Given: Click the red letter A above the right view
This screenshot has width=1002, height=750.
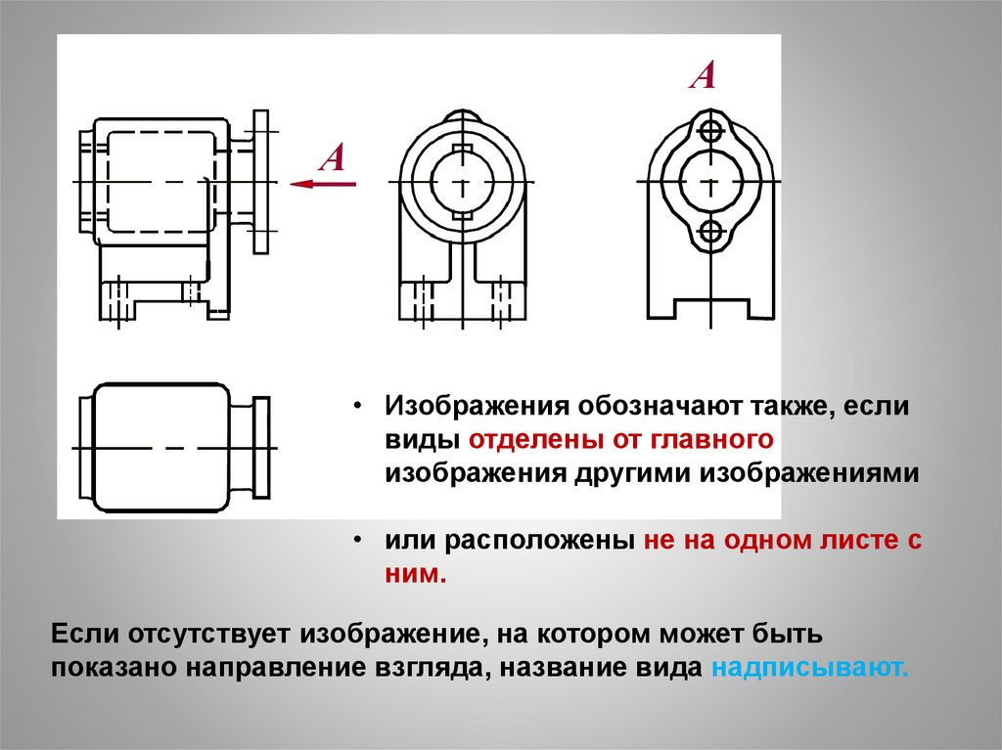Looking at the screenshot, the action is pos(703,75).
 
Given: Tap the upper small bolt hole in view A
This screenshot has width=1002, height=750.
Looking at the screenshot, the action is pos(711,131).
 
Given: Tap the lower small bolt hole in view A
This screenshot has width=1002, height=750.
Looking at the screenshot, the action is pos(711,232).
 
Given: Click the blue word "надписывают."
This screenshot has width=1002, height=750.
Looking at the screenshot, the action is pos(811,670).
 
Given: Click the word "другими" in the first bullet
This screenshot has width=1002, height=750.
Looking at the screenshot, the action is pos(626,473).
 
